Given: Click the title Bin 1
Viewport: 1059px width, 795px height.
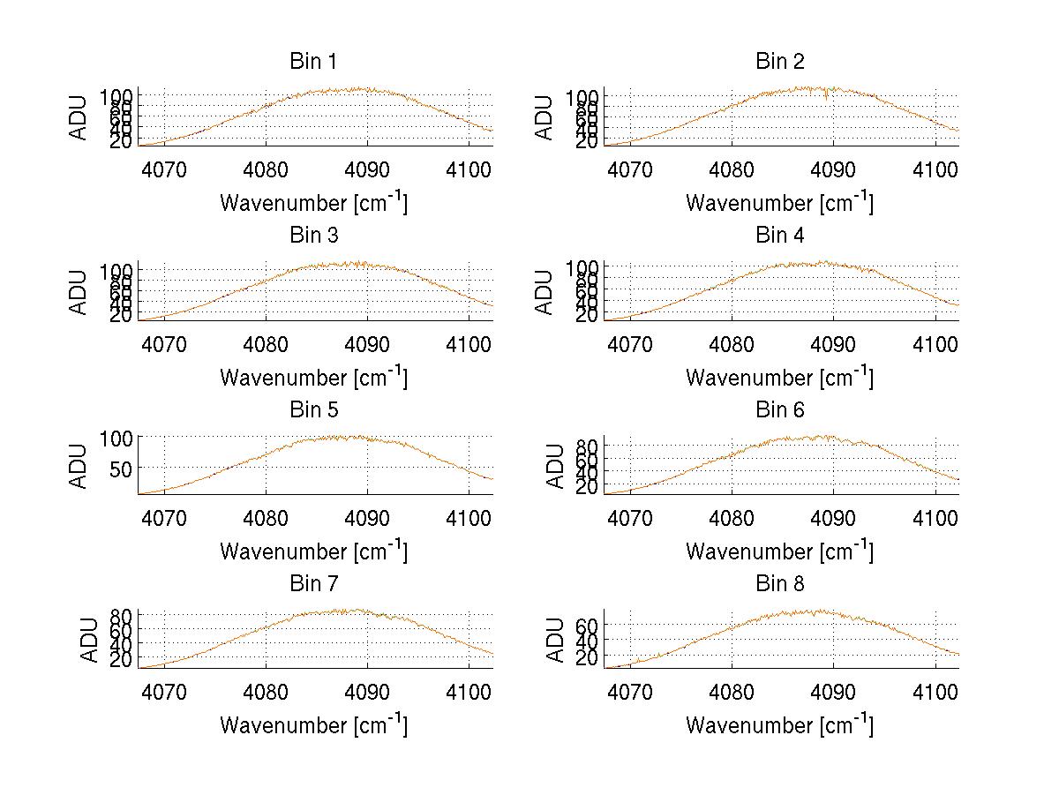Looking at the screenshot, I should pyautogui.click(x=313, y=62).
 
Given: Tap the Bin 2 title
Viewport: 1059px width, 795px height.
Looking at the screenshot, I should pyautogui.click(x=780, y=62).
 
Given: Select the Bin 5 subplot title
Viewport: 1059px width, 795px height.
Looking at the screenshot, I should pyautogui.click(x=313, y=410).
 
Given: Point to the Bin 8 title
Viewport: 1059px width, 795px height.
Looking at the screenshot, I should pyautogui.click(x=780, y=584).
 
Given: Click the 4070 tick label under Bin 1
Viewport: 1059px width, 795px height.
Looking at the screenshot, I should pyautogui.click(x=164, y=170).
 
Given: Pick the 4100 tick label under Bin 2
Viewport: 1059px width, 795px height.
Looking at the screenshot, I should pyautogui.click(x=935, y=170).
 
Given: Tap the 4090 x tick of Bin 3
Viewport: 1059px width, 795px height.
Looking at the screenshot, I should pyautogui.click(x=367, y=344).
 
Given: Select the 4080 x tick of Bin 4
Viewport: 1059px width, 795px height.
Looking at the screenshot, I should pyautogui.click(x=732, y=344).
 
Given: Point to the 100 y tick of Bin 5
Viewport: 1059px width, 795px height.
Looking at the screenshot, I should pyautogui.click(x=115, y=439).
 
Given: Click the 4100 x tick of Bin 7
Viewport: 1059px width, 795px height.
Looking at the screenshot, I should pyautogui.click(x=469, y=693).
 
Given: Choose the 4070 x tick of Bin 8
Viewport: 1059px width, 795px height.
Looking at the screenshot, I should pyautogui.click(x=630, y=693).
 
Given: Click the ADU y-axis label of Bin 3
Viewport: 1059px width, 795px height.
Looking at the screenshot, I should pyautogui.click(x=79, y=292).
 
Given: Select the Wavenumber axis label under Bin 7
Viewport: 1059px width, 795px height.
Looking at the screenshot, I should pyautogui.click(x=313, y=724).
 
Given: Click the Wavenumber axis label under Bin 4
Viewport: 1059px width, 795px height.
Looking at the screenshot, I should pyautogui.click(x=779, y=377).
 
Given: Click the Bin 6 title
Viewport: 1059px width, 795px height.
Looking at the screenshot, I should pyautogui.click(x=780, y=410).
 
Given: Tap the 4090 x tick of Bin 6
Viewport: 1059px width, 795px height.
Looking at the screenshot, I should pyautogui.click(x=833, y=519).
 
